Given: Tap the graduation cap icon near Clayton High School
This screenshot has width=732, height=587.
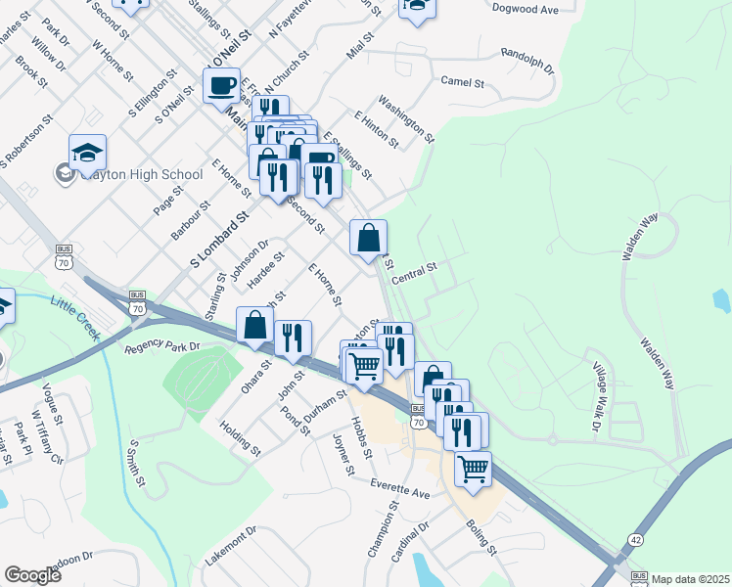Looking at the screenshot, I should (x=87, y=153).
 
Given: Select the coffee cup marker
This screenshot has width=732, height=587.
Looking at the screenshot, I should (x=221, y=85).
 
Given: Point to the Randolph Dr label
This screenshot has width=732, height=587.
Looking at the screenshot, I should (x=526, y=62).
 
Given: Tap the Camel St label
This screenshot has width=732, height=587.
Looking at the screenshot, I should (x=463, y=81).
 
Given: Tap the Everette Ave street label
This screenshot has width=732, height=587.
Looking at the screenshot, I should (x=400, y=488).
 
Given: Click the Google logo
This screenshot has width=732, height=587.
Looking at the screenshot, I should (x=33, y=575).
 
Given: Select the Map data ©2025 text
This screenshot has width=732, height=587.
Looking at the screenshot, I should (x=691, y=579).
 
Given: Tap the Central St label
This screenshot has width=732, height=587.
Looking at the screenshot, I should (x=414, y=273).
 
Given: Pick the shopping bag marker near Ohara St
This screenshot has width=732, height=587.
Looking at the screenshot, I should (x=254, y=326).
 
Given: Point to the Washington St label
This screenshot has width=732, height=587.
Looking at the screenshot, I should (x=405, y=115).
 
